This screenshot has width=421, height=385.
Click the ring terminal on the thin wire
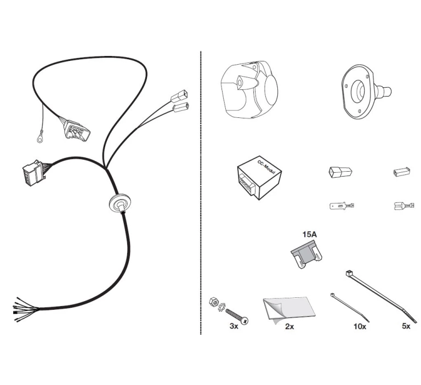40,137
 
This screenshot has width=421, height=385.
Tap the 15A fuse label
310,234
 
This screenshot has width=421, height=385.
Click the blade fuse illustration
306,255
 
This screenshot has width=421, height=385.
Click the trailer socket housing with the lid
249,89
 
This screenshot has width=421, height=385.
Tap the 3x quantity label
234,326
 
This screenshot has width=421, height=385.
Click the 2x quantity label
289,326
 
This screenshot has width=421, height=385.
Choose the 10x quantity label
360,326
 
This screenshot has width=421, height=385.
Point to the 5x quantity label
406,326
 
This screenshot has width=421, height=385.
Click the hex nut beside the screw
213,302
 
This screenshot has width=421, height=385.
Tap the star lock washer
222,307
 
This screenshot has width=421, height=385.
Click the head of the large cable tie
349,274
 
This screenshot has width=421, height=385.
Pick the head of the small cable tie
332,295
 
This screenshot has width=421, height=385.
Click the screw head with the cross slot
244,320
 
